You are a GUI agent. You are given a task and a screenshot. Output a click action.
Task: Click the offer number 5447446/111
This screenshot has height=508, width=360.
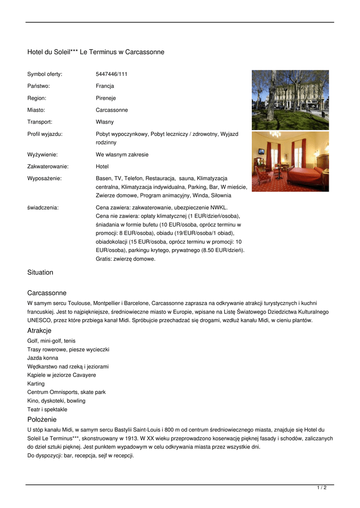111,74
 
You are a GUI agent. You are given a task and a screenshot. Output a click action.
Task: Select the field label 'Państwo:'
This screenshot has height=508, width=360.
38,86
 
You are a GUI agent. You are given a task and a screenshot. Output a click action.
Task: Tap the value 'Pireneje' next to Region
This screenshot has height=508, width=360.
106,98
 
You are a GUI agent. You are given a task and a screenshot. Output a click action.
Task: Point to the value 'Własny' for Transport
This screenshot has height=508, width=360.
105,122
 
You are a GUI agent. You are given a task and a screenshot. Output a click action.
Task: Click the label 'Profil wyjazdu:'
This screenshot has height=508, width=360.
45,134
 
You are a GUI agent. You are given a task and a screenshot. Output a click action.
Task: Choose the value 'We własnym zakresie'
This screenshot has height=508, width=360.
122,154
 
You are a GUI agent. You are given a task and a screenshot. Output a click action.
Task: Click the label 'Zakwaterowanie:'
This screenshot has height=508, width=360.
48,166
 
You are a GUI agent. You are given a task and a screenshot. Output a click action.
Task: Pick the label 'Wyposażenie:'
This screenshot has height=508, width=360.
44,178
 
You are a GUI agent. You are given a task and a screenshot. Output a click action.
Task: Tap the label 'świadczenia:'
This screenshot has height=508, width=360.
43,207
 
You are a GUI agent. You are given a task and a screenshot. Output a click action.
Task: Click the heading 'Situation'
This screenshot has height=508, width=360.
40,272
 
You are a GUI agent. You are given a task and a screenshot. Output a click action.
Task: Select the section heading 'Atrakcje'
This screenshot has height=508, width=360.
39,330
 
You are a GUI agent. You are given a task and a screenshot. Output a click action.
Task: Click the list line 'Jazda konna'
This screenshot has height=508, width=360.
43,358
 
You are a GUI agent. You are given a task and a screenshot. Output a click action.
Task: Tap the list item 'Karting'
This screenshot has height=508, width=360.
36,383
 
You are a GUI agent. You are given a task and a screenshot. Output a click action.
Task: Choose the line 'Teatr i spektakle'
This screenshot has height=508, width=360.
47,409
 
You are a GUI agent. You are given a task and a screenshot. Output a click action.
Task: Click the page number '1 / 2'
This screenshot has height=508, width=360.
322,488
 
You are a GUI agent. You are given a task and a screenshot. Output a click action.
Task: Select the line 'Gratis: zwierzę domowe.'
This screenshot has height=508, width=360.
126,258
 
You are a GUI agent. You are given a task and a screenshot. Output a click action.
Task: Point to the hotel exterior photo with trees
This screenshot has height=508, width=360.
290,100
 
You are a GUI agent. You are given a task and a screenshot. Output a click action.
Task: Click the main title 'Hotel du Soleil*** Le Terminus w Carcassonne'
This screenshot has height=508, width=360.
96,52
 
